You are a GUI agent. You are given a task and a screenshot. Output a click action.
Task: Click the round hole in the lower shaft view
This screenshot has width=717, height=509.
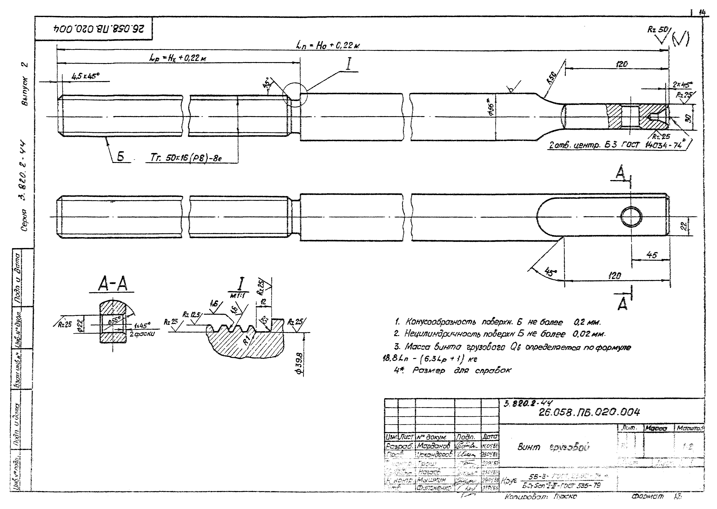(631, 217)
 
